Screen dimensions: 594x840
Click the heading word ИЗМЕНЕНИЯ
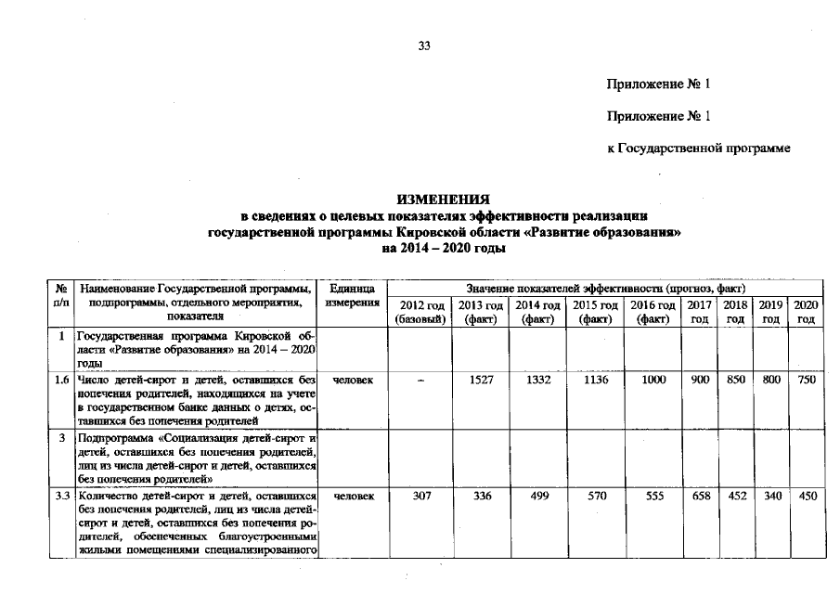(444, 200)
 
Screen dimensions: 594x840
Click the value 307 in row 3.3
(420, 497)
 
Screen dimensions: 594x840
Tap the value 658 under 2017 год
(701, 497)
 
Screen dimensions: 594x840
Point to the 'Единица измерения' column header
(352, 296)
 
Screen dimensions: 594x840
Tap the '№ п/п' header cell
(61, 296)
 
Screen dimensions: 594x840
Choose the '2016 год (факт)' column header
(653, 312)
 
